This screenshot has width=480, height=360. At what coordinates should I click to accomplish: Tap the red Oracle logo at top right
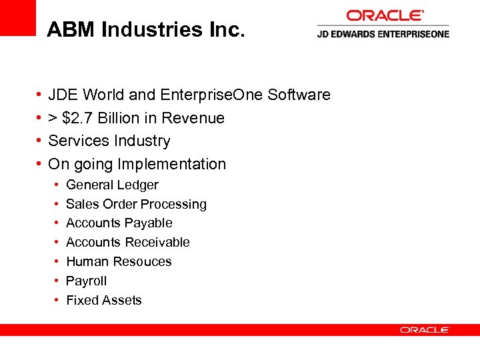385,15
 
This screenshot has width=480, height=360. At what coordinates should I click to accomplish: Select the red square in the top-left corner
17,17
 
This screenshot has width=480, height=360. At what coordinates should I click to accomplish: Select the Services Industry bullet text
109,141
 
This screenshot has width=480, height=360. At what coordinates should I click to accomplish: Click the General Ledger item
112,185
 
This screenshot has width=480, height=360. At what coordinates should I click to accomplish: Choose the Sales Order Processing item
136,204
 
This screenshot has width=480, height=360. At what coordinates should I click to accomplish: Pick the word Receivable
157,242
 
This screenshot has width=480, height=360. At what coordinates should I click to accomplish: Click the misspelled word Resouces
143,261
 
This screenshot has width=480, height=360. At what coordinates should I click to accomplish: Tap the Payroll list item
86,281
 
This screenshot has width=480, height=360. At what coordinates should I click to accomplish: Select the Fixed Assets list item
104,300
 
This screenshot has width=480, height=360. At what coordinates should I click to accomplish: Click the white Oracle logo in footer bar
425,330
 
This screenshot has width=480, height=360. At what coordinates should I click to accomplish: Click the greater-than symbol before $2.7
53,119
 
